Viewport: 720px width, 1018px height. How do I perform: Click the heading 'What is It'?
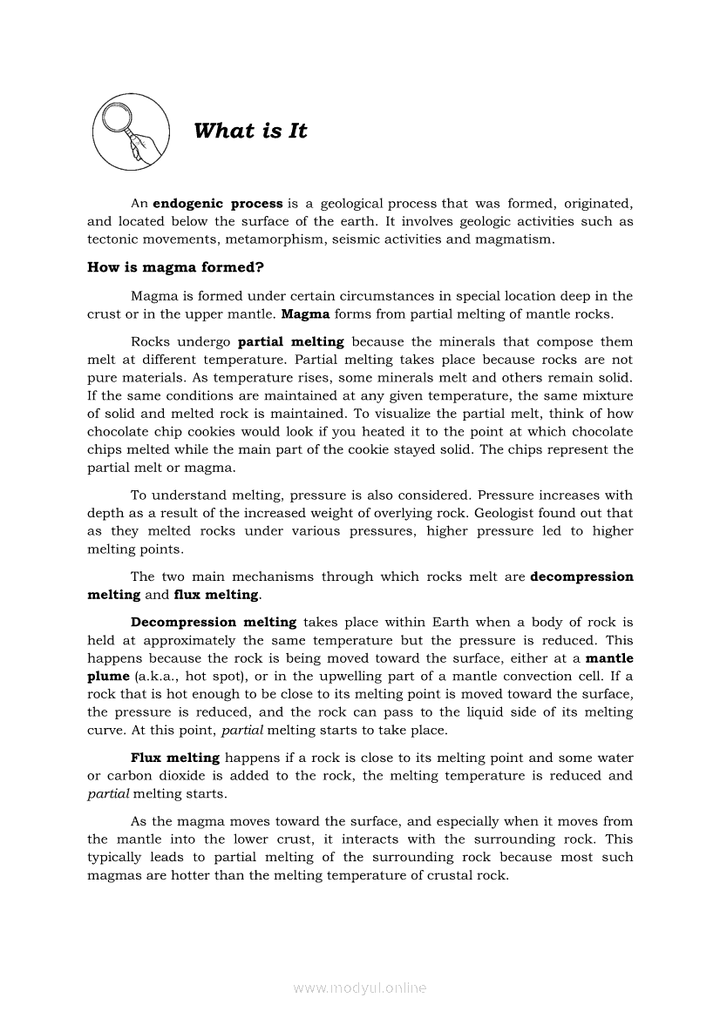tap(250, 131)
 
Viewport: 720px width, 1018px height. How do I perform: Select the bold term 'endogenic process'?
tap(218, 204)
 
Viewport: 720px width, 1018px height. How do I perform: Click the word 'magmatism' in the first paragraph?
tap(513, 239)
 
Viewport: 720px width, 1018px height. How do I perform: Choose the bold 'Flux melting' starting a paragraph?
tap(175, 758)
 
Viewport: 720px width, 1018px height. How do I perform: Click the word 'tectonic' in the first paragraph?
tap(112, 239)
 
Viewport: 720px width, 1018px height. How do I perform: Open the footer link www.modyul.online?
tap(360, 988)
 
